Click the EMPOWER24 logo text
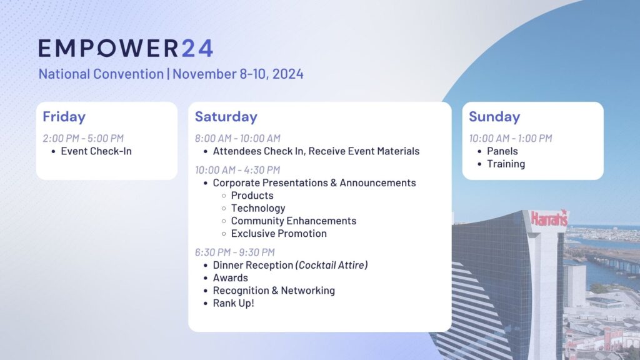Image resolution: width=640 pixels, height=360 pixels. point(126,48)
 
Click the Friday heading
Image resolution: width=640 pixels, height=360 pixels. point(64,117)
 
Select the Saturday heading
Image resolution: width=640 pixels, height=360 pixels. point(226,117)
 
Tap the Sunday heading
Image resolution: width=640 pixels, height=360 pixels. point(494,117)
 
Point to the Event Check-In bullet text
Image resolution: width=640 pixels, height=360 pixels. point(96,151)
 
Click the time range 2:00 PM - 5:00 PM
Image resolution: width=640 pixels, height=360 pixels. point(83,138)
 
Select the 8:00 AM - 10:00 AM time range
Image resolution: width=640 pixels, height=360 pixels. point(237,138)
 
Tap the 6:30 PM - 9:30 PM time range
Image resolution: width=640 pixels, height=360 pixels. point(235,252)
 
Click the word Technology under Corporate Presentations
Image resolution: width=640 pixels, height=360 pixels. point(258,208)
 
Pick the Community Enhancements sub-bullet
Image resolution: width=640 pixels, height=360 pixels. point(294,221)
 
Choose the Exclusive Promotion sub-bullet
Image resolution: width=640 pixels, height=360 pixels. point(279,234)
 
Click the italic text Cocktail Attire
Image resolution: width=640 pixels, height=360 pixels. point(331,265)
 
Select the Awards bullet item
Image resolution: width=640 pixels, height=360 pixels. point(230,277)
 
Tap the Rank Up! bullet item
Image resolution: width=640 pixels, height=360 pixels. point(234,303)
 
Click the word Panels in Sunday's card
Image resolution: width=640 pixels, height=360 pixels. point(502,151)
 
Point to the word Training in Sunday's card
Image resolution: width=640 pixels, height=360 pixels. point(506,164)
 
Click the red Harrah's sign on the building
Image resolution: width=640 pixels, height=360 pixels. point(549,218)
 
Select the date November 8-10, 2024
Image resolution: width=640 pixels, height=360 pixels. point(238,74)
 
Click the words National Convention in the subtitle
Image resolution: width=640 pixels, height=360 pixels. point(101,74)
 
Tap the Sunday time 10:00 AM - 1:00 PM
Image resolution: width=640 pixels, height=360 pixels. point(510,138)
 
